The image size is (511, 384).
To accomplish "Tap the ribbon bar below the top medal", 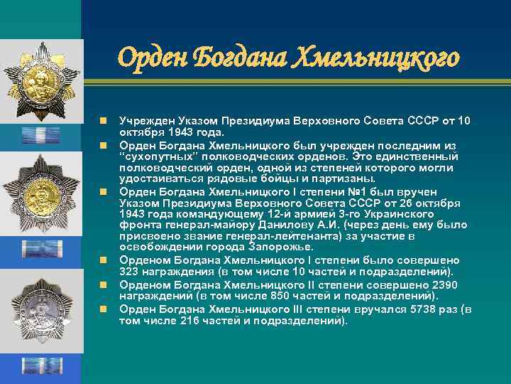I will point(40,134).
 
